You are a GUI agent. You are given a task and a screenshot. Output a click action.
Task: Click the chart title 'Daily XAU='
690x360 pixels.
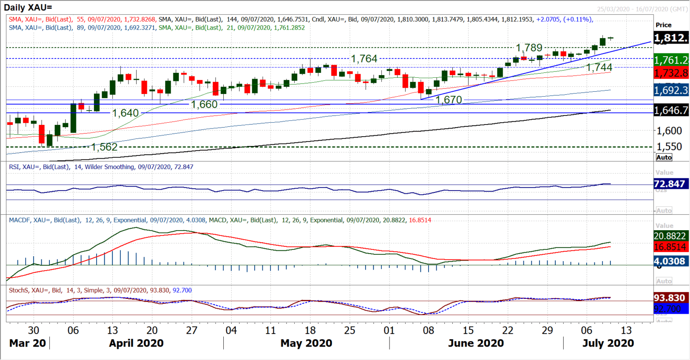click(x=28, y=7)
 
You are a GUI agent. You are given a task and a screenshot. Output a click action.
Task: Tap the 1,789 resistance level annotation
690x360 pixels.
click(x=529, y=48)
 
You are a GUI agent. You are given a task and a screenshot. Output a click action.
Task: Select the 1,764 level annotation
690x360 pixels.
click(x=364, y=59)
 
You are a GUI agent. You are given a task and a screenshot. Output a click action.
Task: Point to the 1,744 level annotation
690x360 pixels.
click(x=599, y=67)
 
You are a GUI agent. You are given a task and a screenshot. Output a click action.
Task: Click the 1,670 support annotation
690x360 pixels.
click(x=449, y=100)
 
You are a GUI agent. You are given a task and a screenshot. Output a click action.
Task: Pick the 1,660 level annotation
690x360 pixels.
click(x=204, y=104)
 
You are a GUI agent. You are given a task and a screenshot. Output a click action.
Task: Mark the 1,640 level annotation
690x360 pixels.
click(x=125, y=113)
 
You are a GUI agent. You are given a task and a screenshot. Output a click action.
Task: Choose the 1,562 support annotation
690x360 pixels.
click(x=104, y=147)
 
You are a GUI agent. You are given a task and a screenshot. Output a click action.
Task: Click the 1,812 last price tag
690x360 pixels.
click(x=671, y=38)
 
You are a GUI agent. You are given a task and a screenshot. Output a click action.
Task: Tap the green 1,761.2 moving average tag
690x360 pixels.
click(x=671, y=60)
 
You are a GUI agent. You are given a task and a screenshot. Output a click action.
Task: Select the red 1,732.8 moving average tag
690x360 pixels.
click(x=671, y=73)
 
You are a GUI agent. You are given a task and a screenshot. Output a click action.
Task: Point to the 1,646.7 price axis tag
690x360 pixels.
click(x=671, y=110)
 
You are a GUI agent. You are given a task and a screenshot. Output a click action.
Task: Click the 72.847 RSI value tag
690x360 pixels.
click(x=669, y=184)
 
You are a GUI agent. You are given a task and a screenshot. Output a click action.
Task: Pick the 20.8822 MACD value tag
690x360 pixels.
click(x=669, y=236)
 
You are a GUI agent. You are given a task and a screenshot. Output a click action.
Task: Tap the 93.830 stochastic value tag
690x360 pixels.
click(x=669, y=298)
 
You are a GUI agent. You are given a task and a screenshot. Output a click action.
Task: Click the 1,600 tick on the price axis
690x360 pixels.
click(x=669, y=131)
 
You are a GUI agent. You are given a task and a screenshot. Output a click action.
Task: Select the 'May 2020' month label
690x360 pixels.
click(x=306, y=343)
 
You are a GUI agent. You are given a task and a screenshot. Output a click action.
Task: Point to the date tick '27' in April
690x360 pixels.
click(x=192, y=330)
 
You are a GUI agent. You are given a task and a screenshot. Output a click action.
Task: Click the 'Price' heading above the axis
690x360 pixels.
click(x=663, y=25)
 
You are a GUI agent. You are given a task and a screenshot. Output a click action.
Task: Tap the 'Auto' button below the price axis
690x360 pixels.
click(x=664, y=157)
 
